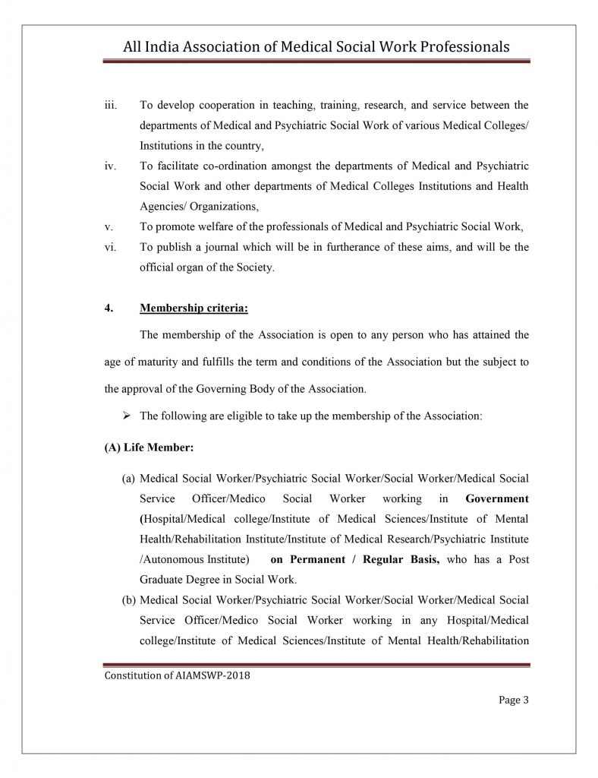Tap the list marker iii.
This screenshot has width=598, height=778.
(109, 104)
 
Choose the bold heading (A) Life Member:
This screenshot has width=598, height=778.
(149, 448)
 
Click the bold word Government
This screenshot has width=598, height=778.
(497, 499)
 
